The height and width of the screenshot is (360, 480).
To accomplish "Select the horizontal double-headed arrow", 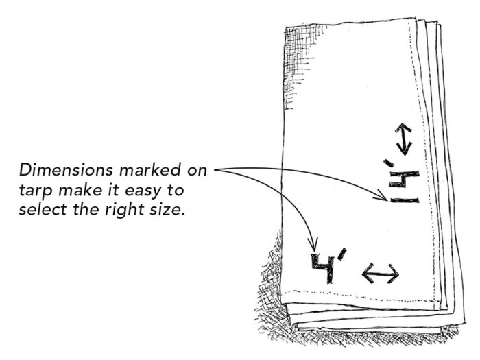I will coord(380,274).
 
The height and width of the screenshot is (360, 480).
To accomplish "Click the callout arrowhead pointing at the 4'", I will coord(315,248).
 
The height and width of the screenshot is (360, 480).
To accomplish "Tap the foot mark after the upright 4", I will coord(342,258).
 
